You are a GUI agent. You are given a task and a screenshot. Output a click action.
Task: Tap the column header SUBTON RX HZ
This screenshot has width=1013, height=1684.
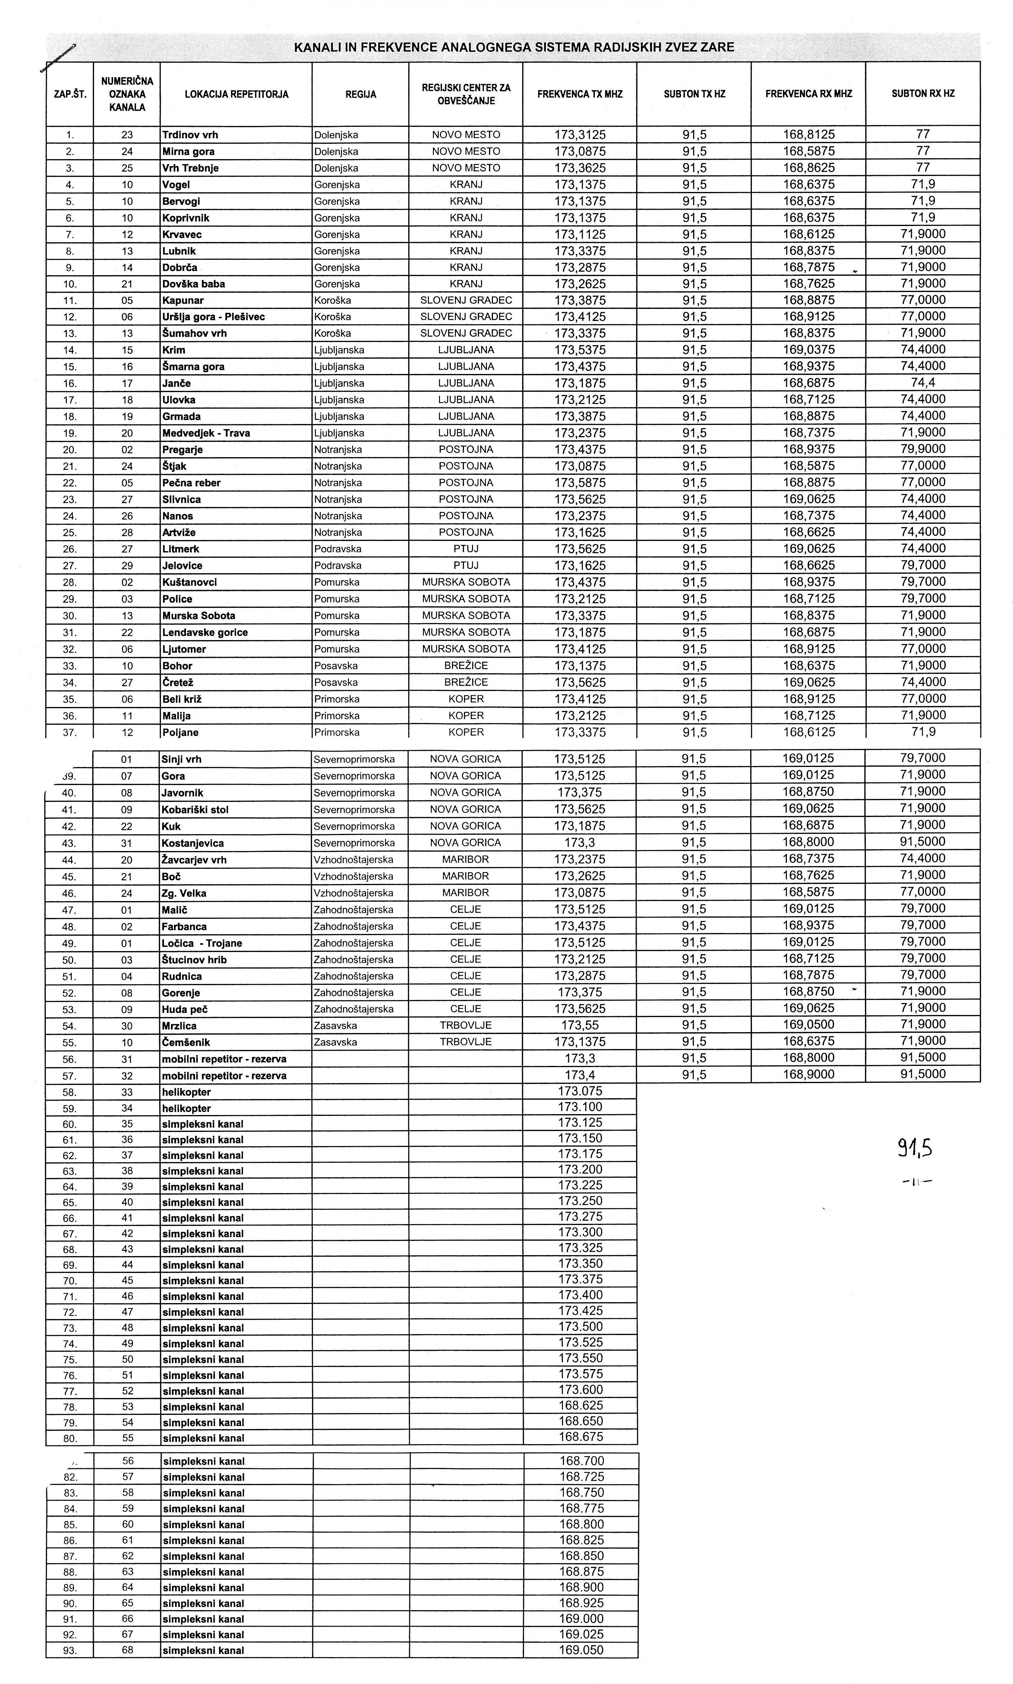923,93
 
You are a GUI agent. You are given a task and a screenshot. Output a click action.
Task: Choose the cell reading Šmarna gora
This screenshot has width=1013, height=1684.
193,366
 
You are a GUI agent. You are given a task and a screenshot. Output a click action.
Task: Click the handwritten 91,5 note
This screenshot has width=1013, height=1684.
915,1148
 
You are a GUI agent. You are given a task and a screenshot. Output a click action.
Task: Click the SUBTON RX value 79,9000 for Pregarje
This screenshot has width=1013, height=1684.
923,449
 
